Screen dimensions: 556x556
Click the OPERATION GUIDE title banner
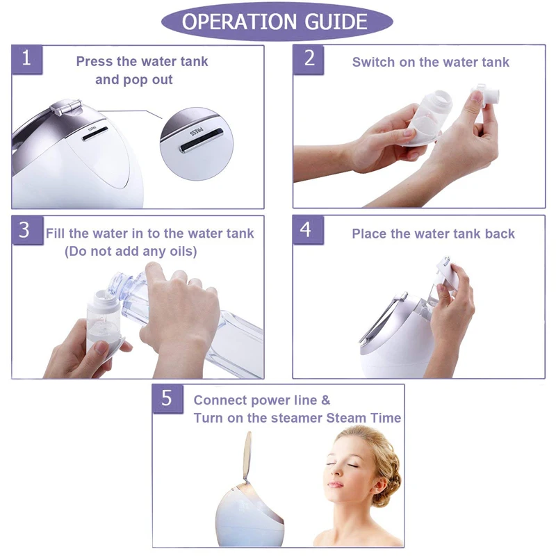point(277,22)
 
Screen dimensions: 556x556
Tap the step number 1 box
point(27,59)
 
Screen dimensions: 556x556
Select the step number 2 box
point(309,59)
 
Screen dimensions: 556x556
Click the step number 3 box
point(27,230)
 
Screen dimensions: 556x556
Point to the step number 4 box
point(308,230)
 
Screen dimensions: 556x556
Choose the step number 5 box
point(168,398)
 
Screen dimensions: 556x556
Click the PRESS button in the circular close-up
point(202,140)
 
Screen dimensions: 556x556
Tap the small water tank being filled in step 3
point(104,322)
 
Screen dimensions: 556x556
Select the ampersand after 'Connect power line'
point(325,400)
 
